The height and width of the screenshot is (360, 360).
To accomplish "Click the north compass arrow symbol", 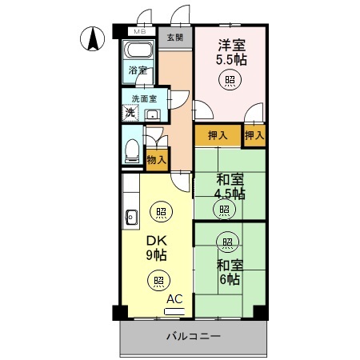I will click(93, 38).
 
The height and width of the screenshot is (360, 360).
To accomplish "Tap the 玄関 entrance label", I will click(174, 38).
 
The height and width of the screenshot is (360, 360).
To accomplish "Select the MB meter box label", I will click(140, 32).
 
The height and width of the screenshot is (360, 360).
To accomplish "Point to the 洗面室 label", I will click(145, 99).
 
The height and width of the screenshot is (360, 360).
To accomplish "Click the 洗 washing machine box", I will click(130, 113).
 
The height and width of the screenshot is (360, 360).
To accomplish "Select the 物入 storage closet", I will click(157, 159).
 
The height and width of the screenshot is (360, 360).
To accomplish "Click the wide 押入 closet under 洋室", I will click(218, 135).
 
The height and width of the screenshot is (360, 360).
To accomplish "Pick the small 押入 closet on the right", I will click(255, 135).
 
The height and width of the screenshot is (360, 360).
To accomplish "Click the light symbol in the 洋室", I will click(230, 79).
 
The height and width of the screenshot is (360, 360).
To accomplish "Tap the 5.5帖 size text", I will click(230, 58).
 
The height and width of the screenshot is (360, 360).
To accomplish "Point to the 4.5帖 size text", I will click(230, 194).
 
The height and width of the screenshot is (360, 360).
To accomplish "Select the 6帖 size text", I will click(229, 279).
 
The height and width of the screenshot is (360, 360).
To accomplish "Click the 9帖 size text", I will click(155, 255).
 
